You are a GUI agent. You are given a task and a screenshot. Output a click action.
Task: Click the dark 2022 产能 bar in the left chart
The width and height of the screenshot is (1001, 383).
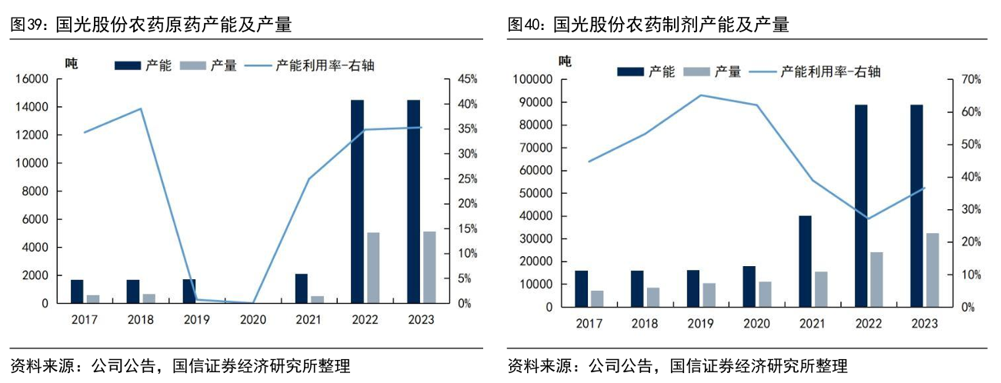(357, 201)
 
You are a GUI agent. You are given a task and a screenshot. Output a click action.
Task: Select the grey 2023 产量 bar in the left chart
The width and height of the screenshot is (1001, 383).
(429, 267)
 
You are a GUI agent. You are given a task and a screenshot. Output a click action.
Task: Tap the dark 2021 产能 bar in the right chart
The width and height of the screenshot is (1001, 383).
(805, 261)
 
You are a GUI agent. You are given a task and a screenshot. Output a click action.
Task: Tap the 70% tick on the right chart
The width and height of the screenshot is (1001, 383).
(969, 79)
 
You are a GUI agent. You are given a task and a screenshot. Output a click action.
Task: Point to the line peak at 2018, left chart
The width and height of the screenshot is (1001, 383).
(140, 108)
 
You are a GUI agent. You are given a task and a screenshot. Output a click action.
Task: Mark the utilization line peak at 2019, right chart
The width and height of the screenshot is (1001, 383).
(700, 95)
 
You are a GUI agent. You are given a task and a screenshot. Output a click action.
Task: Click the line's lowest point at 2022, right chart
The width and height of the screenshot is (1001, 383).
(867, 218)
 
